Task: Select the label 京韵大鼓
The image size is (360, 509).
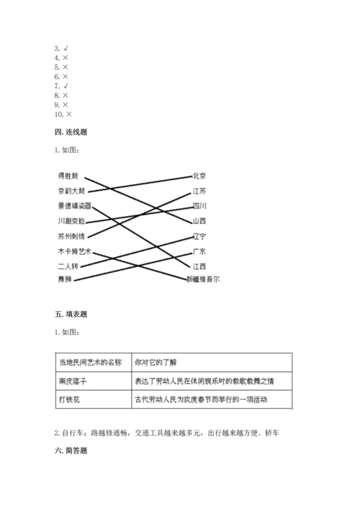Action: point(71,192)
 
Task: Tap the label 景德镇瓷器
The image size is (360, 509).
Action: point(74,207)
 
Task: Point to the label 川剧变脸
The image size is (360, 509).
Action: point(71,221)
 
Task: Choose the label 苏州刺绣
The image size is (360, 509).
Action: point(71,236)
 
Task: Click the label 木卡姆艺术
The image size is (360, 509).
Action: point(74,251)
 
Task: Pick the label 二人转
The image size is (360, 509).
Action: point(68,266)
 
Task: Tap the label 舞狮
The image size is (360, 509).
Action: point(64,279)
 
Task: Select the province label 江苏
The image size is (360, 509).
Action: point(199,192)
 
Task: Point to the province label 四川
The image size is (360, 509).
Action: point(199,206)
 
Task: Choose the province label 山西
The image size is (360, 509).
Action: point(199,221)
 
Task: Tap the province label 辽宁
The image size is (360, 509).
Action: point(199,236)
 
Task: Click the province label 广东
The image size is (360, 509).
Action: point(199,251)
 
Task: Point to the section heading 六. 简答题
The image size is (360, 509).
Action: point(71,451)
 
